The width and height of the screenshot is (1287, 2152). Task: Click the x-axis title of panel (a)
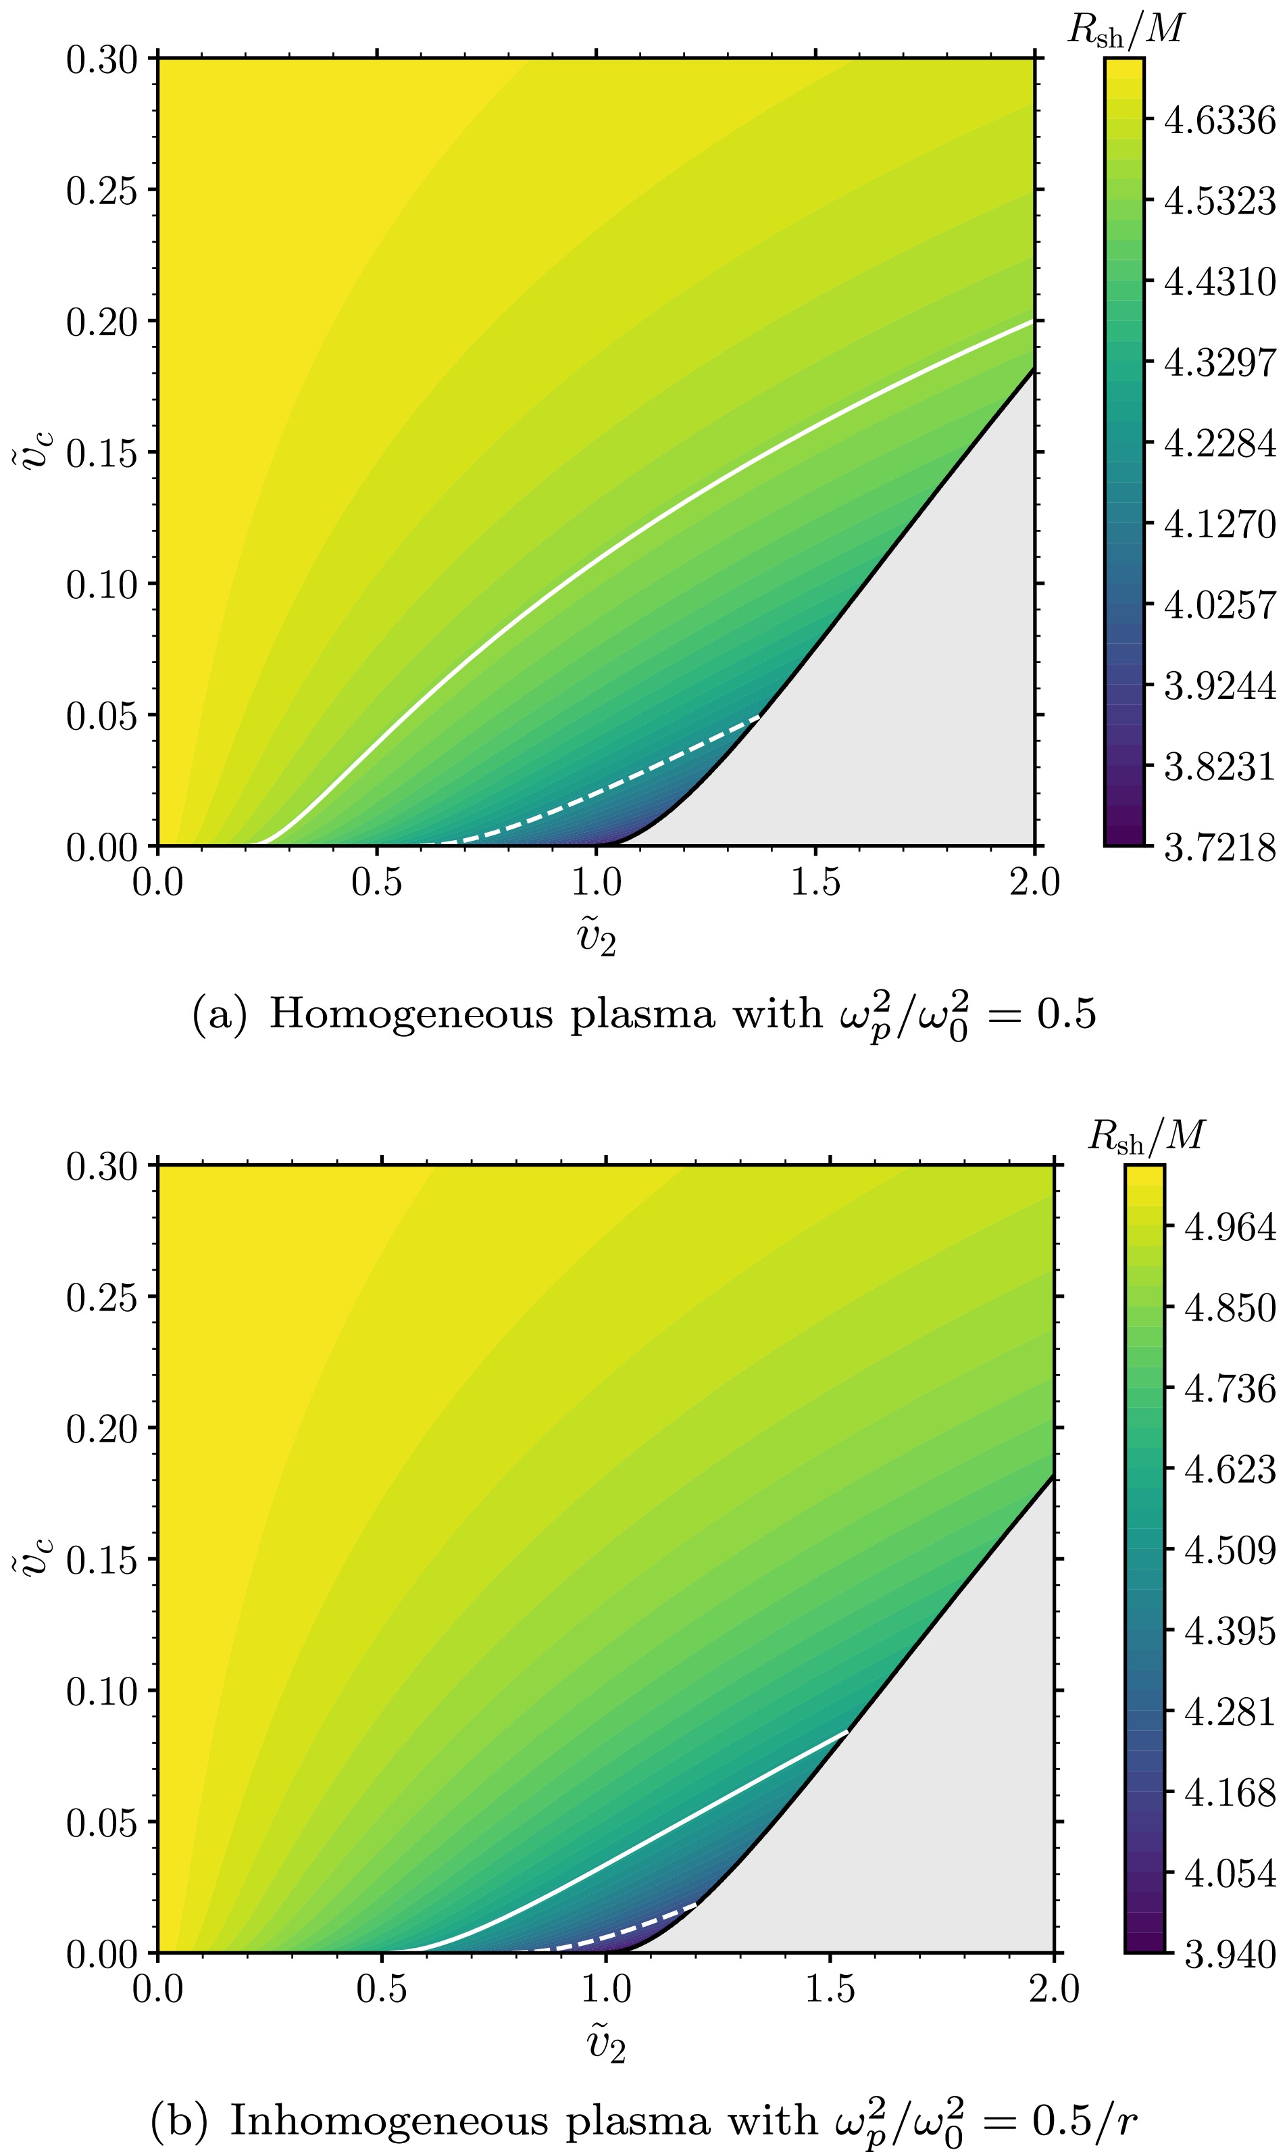pos(596,939)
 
